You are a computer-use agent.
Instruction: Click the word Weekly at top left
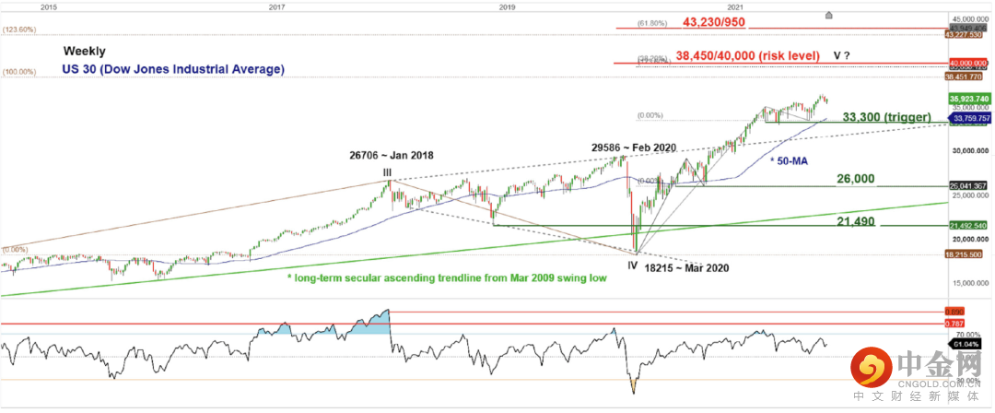click(x=84, y=52)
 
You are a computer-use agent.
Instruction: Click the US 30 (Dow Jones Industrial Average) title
click(x=173, y=69)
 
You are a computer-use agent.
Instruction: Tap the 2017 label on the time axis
click(x=275, y=6)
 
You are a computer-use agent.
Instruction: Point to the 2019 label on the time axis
click(x=506, y=6)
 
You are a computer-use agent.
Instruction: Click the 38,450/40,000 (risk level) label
click(x=747, y=55)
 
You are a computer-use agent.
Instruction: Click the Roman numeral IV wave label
click(x=632, y=265)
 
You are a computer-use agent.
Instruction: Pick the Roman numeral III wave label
click(x=387, y=171)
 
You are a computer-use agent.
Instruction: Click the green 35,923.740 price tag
click(x=966, y=97)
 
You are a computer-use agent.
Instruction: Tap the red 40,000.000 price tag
click(x=966, y=64)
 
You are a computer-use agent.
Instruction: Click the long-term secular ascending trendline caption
click(x=446, y=277)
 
